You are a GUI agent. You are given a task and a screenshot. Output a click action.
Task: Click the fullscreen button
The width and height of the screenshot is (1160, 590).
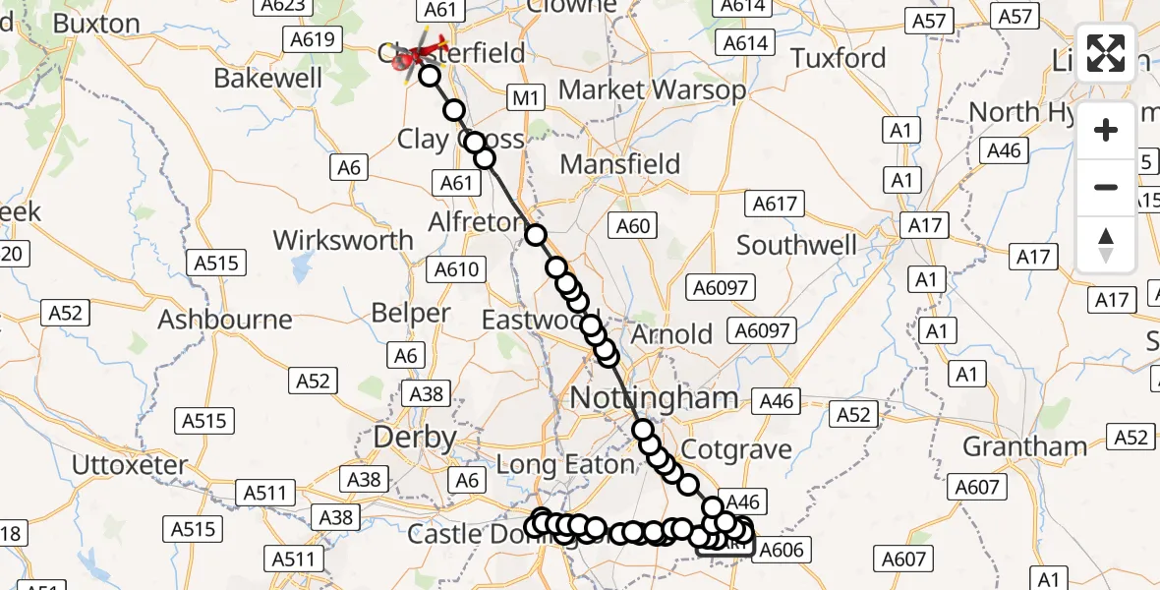tap(1106, 53)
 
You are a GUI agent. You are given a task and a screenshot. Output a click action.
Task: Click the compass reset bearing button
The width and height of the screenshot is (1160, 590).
tap(1106, 245)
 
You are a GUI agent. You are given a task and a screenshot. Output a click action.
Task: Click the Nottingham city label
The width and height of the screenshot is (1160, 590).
tap(654, 398)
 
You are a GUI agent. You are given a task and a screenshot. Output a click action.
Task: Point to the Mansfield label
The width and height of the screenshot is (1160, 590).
tap(620, 163)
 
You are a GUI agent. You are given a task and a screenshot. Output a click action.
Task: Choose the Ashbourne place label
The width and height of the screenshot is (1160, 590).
tap(225, 320)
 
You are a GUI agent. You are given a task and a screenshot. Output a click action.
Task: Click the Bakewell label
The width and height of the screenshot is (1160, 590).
tap(261, 79)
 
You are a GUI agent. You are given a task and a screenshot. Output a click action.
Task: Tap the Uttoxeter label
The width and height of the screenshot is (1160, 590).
tap(130, 464)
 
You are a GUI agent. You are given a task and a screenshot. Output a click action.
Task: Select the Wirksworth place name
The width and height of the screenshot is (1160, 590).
tap(343, 240)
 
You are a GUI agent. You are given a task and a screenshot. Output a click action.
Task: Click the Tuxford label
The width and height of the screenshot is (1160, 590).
tap(839, 58)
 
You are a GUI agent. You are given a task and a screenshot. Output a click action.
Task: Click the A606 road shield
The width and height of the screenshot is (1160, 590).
tap(783, 550)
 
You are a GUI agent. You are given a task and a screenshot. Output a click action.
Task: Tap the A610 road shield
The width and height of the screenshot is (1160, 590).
tap(456, 269)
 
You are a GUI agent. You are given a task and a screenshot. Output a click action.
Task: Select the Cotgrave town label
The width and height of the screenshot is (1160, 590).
tap(736, 449)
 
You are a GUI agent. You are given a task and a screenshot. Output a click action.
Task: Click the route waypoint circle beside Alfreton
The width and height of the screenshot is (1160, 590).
tap(536, 234)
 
